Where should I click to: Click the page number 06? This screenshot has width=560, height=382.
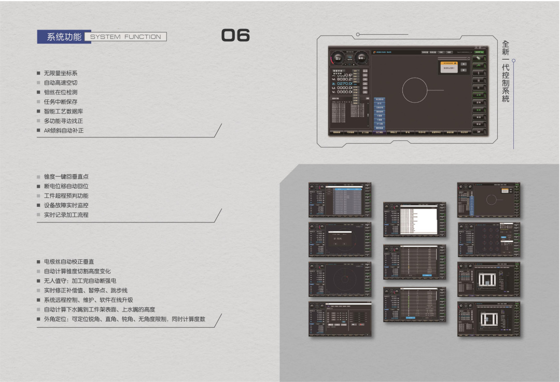click(236, 35)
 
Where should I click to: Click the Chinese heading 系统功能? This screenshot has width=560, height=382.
click(64, 37)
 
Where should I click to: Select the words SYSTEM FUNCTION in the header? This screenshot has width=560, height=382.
click(126, 37)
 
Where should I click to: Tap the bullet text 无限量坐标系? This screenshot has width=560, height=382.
click(61, 73)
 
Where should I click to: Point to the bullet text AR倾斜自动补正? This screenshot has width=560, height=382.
click(64, 131)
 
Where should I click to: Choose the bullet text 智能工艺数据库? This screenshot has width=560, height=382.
click(64, 111)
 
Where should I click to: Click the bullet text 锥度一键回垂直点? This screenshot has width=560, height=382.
click(66, 177)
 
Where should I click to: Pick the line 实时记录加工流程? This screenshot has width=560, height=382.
click(66, 215)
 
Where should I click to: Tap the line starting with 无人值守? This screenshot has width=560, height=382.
click(80, 281)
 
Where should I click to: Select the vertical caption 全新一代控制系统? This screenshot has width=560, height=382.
click(506, 72)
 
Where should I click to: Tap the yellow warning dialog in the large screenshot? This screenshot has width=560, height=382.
click(448, 66)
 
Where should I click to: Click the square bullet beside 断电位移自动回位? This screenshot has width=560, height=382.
click(38, 186)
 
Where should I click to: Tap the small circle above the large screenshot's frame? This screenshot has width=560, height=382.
click(357, 34)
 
